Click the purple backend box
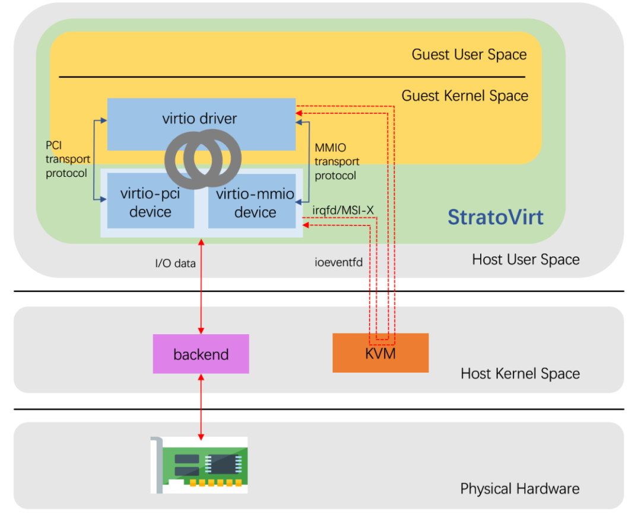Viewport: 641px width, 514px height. (201, 354)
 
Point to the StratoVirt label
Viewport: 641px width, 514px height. (495, 217)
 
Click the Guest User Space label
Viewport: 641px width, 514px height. (469, 55)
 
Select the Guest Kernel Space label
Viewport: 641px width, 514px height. (465, 96)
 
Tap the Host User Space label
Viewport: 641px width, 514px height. (525, 259)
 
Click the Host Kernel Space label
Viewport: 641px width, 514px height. (520, 373)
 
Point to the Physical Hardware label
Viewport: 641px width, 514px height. (520, 488)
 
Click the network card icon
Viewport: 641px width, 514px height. (199, 465)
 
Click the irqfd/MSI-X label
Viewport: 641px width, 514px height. (339, 210)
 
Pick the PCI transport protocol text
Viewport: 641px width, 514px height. (68, 159)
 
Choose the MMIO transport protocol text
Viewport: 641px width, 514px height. (337, 161)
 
